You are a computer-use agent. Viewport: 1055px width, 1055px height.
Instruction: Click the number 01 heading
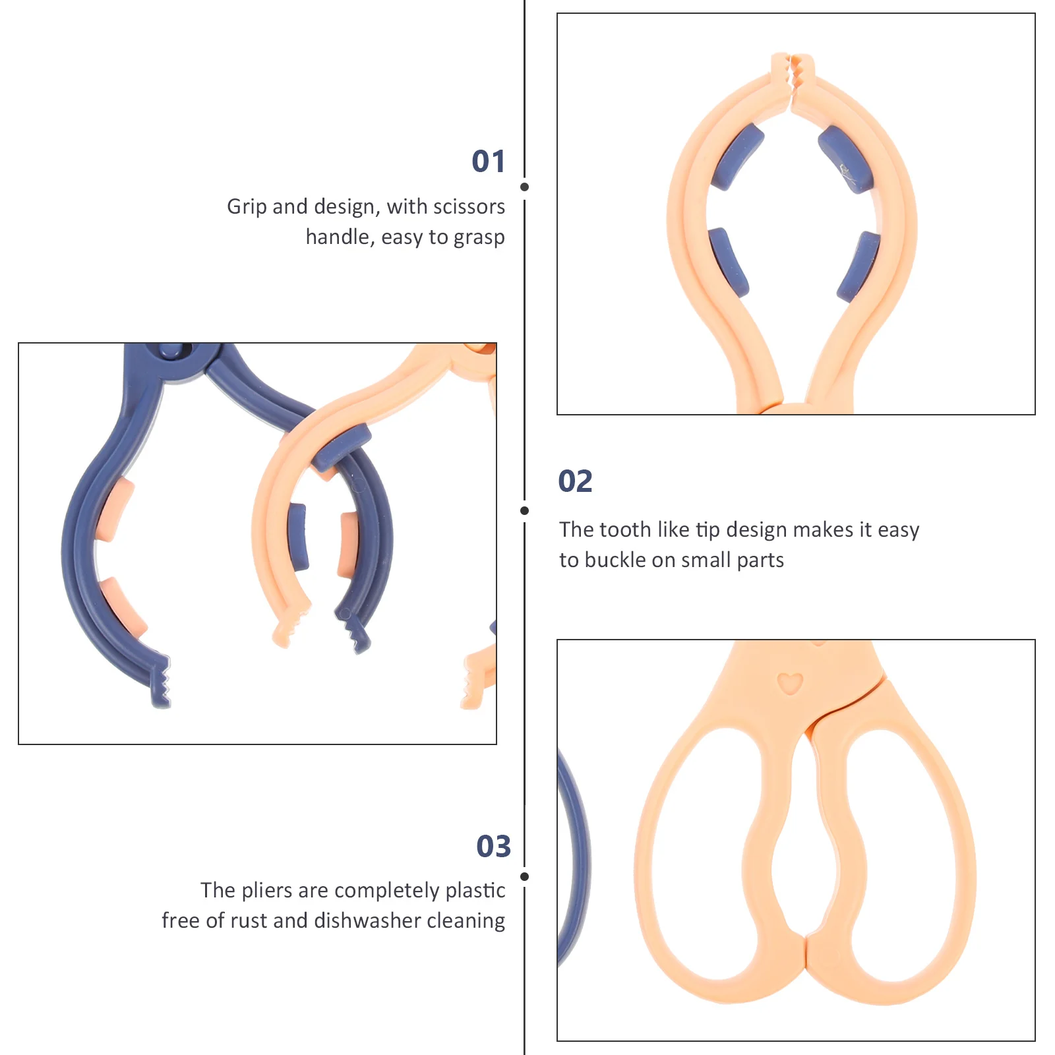click(489, 162)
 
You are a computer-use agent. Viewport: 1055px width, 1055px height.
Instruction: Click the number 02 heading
click(575, 481)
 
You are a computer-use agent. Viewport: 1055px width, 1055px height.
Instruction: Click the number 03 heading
click(493, 846)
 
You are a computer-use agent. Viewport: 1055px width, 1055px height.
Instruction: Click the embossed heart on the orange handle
click(789, 683)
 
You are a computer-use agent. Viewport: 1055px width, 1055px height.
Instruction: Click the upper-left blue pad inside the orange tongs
click(738, 156)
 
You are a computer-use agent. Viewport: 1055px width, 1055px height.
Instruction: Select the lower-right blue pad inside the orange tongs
click(859, 266)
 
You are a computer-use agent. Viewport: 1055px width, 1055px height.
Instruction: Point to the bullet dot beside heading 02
click(524, 510)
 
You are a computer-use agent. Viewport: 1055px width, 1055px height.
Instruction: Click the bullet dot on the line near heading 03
click(524, 876)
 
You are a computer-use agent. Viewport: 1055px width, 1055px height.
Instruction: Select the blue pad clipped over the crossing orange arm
click(342, 446)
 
